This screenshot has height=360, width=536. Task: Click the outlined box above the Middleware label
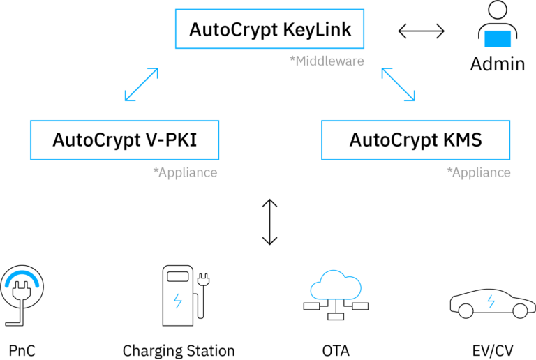tap(269, 29)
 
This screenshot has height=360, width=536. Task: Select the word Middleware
tap(329, 61)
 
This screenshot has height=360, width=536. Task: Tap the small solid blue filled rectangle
tap(497, 38)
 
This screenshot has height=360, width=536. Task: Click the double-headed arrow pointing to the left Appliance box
tap(142, 84)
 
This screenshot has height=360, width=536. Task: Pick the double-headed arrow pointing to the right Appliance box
tap(398, 84)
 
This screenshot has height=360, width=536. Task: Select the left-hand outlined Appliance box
tap(124, 140)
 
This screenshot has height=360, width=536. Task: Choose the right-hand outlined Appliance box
tap(415, 140)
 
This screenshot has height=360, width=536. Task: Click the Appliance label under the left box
tap(188, 172)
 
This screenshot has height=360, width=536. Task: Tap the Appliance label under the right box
tap(481, 172)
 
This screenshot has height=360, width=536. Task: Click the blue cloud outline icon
tap(336, 285)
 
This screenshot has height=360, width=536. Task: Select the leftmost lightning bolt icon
tap(178, 301)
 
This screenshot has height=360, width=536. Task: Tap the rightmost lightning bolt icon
tap(491, 301)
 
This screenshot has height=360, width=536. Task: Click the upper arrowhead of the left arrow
tap(155, 71)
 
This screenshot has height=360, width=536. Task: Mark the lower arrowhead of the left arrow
tap(128, 98)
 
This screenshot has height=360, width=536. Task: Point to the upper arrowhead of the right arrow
tap(385, 71)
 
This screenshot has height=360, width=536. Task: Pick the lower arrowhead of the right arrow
tap(412, 98)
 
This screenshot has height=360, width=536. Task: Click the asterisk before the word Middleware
tap(292, 59)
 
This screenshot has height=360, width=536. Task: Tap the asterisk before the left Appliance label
tap(155, 170)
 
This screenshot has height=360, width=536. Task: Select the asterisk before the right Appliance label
tap(449, 170)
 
